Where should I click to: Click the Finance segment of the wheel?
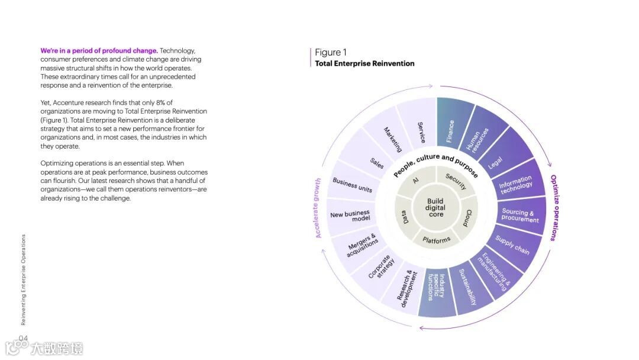pyautogui.click(x=451, y=131)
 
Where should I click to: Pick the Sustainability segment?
pyautogui.click(x=467, y=287)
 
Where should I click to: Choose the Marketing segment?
pyautogui.click(x=392, y=140)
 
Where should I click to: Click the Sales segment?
pyautogui.click(x=377, y=163)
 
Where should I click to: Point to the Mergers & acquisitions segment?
pyautogui.click(x=362, y=245)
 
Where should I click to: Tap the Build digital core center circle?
pyautogui.click(x=436, y=208)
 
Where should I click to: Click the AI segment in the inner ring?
pyautogui.click(x=416, y=181)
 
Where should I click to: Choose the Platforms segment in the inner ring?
pyautogui.click(x=437, y=240)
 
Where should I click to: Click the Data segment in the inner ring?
pyautogui.click(x=406, y=218)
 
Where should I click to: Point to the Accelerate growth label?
pyautogui.click(x=318, y=208)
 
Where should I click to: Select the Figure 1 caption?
pyautogui.click(x=331, y=53)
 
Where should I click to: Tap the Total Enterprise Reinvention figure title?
pyautogui.click(x=364, y=63)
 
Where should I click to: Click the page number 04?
pyautogui.click(x=24, y=338)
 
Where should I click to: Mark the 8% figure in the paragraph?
pyautogui.click(x=164, y=102)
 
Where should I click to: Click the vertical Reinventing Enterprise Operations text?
pyautogui.click(x=23, y=279)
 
